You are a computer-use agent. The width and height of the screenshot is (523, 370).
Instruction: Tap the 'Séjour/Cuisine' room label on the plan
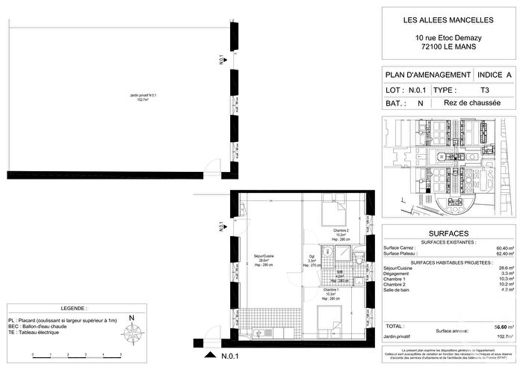point(260,261)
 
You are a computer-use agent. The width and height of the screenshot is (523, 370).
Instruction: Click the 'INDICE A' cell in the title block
point(495,75)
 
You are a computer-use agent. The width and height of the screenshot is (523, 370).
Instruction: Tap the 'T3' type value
point(485,89)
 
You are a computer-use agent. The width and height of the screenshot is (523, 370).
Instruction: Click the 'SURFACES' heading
point(448,232)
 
